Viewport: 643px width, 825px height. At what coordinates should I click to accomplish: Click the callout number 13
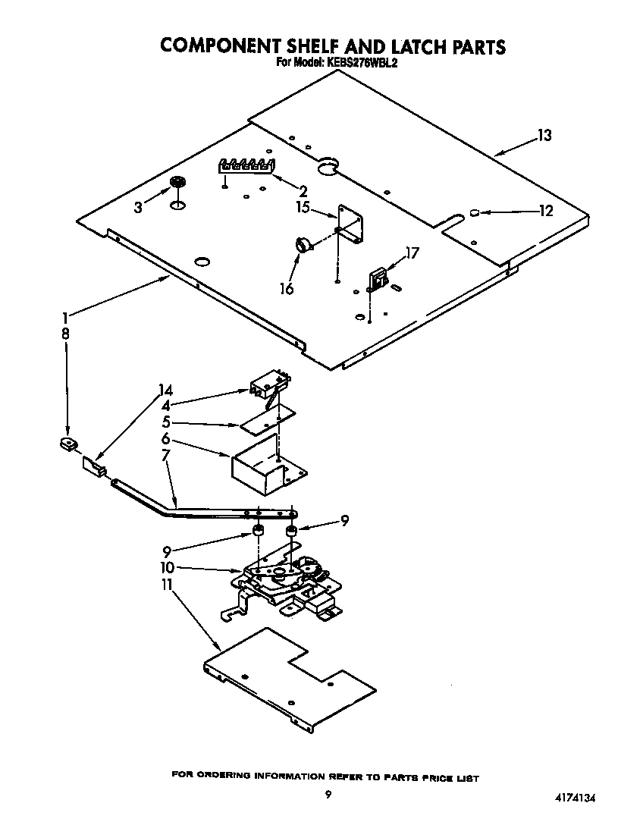544,136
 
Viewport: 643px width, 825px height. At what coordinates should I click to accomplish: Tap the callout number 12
546,212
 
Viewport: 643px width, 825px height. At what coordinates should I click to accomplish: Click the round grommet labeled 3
178,182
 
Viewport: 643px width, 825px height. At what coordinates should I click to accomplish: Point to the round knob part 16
303,243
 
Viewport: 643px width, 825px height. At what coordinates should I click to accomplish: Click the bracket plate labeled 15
351,224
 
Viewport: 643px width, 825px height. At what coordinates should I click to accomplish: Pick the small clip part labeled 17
376,280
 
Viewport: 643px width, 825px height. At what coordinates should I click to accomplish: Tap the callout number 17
411,254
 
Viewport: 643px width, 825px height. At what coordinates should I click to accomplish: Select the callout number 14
165,391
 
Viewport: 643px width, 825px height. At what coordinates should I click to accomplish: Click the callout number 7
165,454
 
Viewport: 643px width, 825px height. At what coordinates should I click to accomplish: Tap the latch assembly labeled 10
288,582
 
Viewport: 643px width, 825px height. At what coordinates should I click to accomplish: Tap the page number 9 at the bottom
328,795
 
